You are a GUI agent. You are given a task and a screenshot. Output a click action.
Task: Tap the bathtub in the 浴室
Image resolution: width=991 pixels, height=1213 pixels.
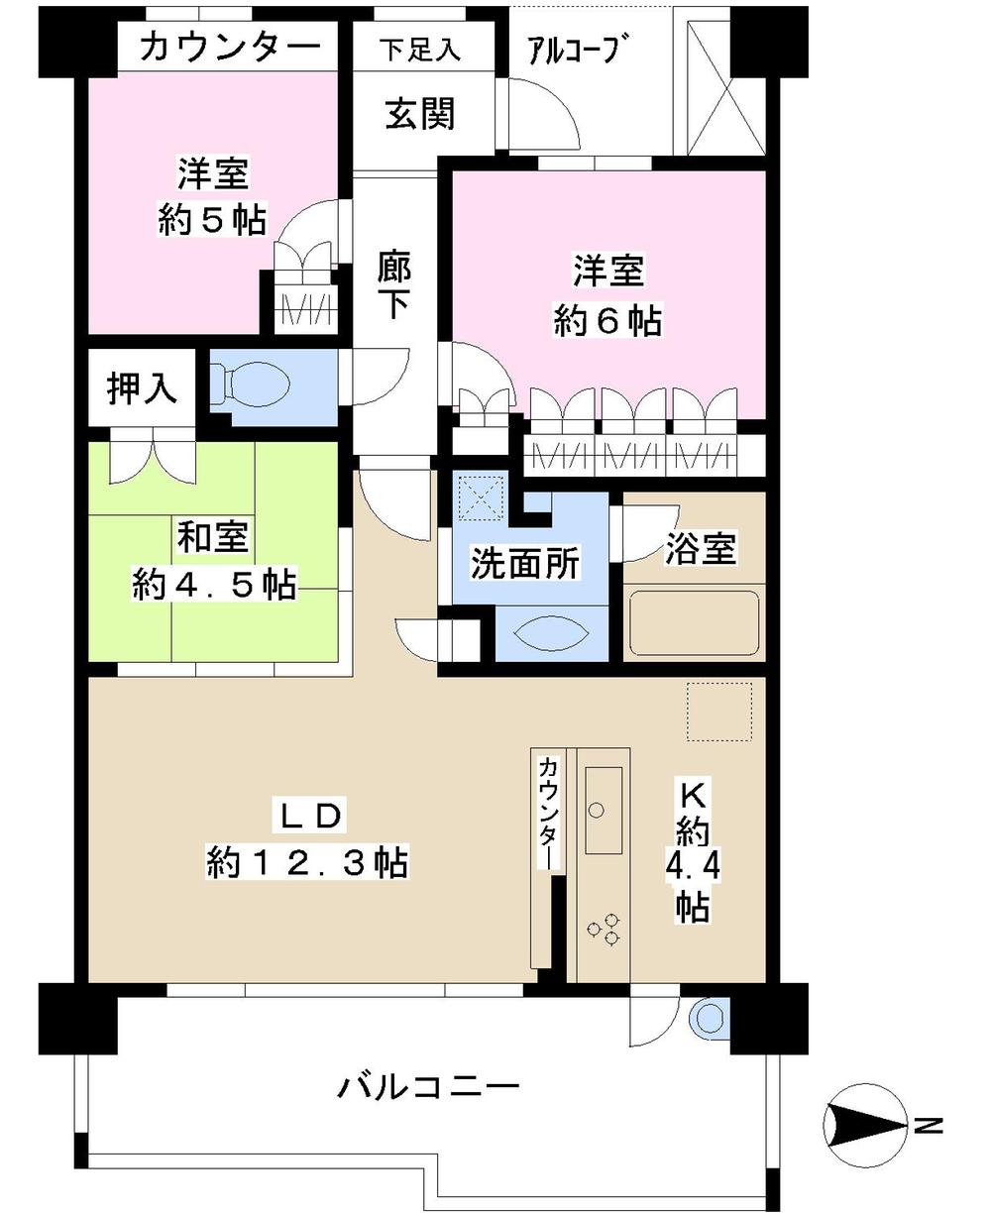tap(694, 621)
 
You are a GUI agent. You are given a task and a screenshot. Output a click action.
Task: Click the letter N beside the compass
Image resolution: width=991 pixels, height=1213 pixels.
tap(929, 1125)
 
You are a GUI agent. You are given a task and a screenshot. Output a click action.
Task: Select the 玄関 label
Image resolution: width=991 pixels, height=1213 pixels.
tap(420, 114)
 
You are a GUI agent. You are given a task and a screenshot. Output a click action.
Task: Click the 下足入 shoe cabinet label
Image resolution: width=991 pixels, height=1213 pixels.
tap(421, 51)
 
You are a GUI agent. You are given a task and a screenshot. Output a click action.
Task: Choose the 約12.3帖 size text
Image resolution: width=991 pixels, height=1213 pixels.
tap(307, 861)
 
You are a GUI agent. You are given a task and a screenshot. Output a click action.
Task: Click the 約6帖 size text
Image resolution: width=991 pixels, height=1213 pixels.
tap(606, 320)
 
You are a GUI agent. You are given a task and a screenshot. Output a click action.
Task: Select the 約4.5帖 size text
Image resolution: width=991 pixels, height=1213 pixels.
tap(214, 585)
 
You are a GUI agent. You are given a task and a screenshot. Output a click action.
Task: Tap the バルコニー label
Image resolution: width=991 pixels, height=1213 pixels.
tap(428, 1088)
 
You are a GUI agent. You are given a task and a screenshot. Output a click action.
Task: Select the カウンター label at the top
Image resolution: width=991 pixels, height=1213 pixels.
tap(230, 47)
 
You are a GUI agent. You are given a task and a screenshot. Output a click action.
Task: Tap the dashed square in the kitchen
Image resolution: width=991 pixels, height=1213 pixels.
tap(721, 711)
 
